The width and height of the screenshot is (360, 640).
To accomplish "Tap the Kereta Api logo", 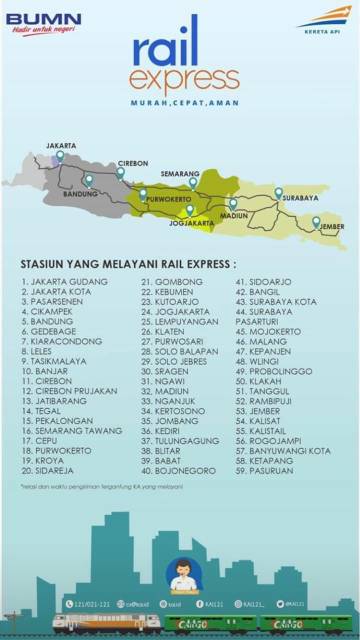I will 318,19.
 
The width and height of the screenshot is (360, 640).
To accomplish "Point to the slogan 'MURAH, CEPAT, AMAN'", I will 180,103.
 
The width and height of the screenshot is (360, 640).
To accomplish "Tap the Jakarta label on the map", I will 60,143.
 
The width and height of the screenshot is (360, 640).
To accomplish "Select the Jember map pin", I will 316,221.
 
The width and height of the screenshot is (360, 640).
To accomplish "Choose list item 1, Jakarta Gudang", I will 62,282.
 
